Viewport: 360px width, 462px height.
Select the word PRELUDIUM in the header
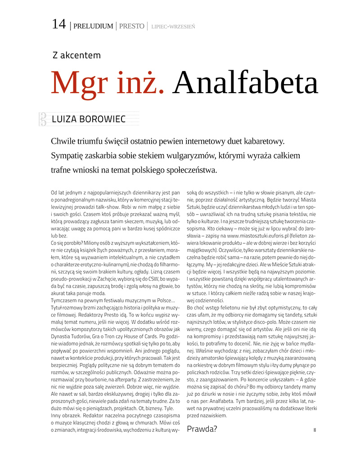[93, 26]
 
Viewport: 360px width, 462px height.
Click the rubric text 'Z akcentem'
[76, 55]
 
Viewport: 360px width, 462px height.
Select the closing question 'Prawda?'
[202, 429]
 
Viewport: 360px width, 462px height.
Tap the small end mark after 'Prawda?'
[315, 430]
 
